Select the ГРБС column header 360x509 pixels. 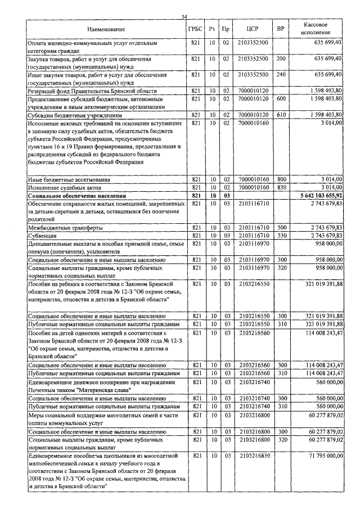[196, 29]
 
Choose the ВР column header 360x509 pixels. [281, 29]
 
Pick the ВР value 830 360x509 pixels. [281, 187]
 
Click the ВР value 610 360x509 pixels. [281, 114]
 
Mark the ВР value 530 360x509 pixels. [281, 236]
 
